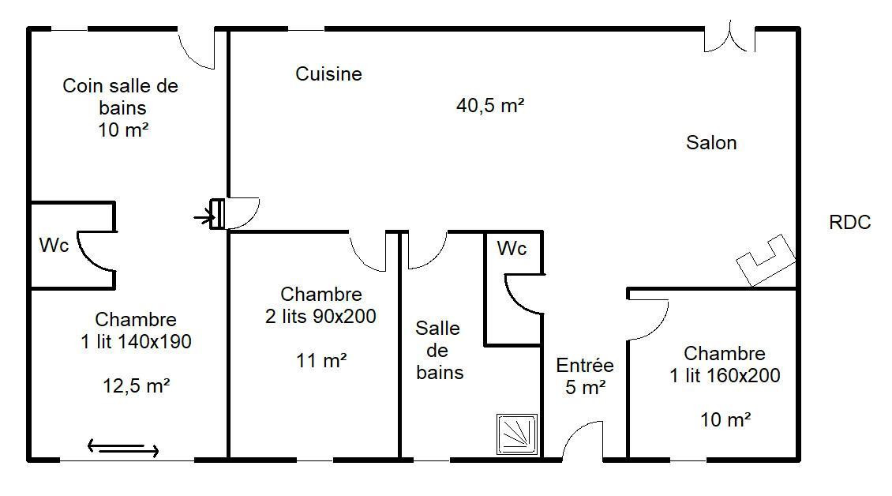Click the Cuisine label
coord(329,73)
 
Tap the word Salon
coord(711,142)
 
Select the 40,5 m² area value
coord(489,105)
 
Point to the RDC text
coord(850,222)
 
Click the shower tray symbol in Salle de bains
coord(516,434)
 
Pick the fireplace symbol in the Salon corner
coord(766,261)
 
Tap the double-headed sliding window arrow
coord(123,448)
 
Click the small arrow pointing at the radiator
coord(204,217)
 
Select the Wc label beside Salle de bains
coord(512,248)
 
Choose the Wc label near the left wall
coord(54,245)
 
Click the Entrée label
coord(585,365)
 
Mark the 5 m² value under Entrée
coord(585,387)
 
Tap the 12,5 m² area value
coord(136,386)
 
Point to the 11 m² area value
coord(321,360)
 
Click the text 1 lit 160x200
coord(725,376)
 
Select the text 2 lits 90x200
coord(320,316)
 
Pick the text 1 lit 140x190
coord(136,342)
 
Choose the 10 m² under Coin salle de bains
coord(123,130)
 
